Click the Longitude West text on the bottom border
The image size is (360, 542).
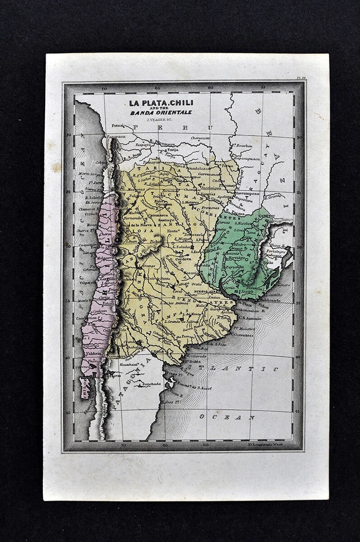coord(269,444)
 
